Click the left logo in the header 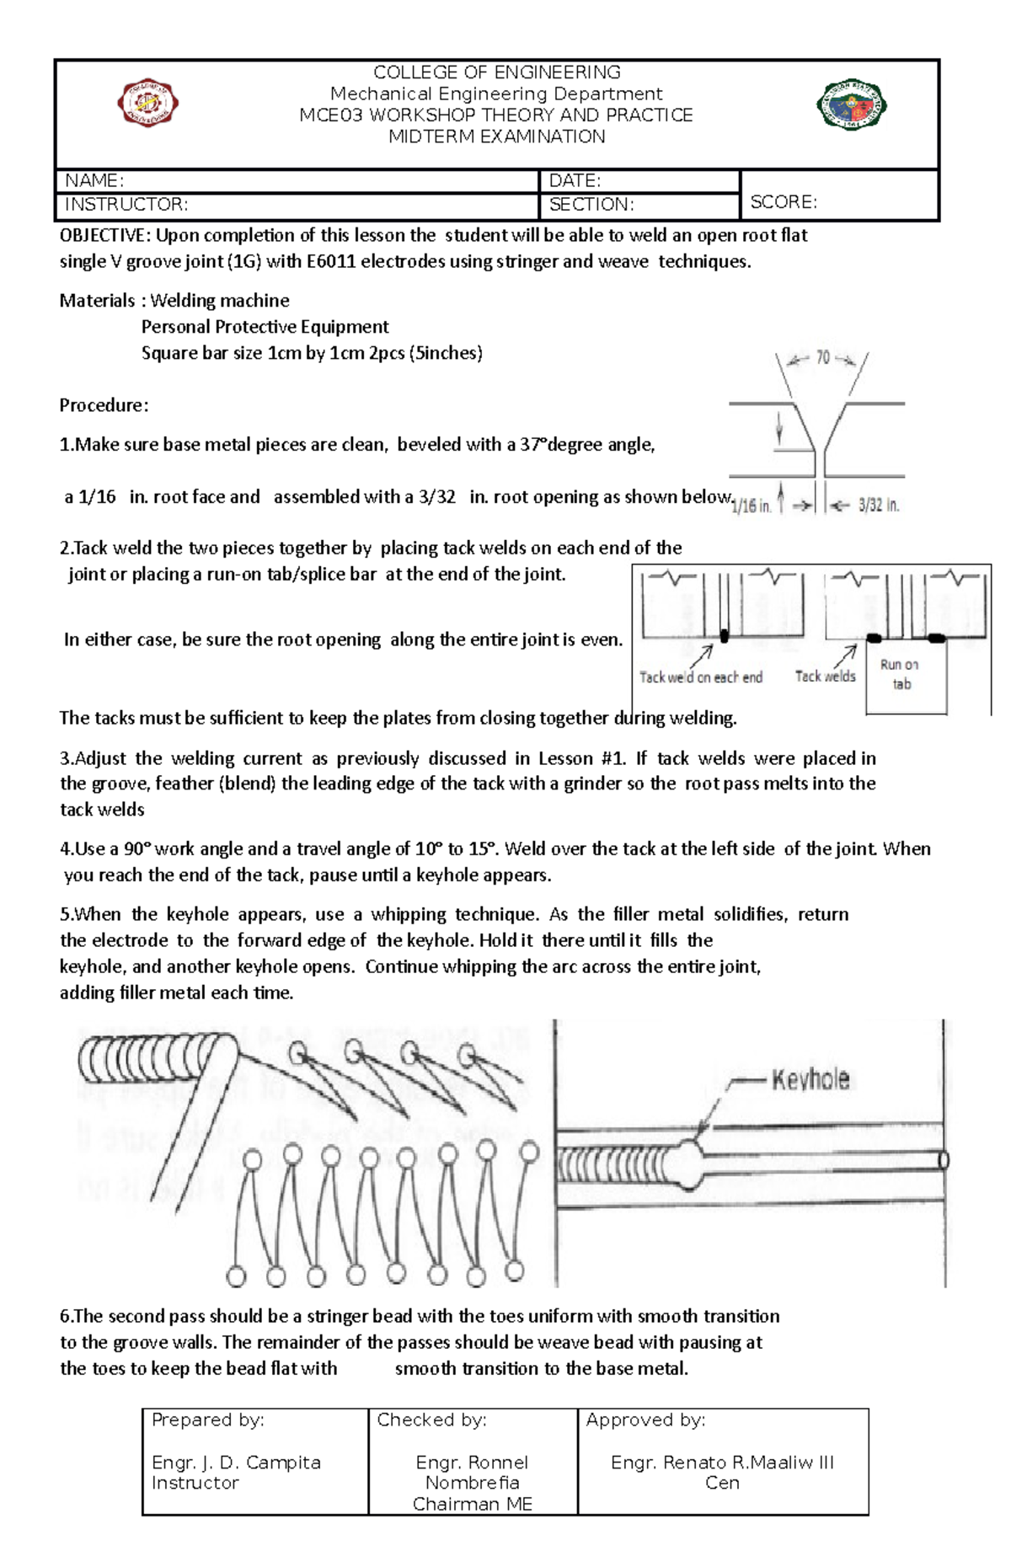coord(147,103)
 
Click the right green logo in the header coord(851,105)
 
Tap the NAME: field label coord(94,180)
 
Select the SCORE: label coord(784,202)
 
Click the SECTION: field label coord(591,205)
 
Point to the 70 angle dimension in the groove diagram coord(822,358)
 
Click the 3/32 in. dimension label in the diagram coord(879,506)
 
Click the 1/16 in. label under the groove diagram coord(751,506)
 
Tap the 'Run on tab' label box coord(900,674)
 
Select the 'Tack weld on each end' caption coord(700,677)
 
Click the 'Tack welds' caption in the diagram coord(825,677)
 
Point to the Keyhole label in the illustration coord(810,1080)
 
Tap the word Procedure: coord(104,405)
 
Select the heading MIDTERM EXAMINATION coord(496,136)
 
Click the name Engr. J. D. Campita coord(236,1463)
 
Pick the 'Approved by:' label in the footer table coord(645,1420)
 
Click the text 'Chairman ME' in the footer coord(472,1504)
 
